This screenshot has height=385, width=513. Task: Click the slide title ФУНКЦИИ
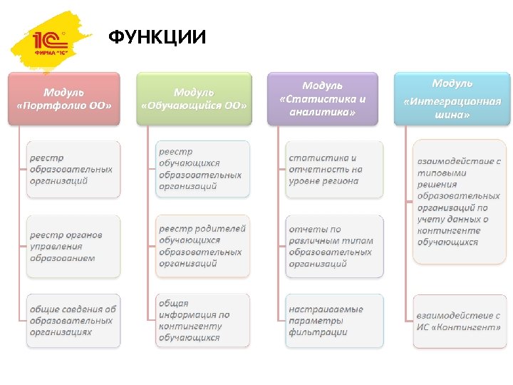[157, 36]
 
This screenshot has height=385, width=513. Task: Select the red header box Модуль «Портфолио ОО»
[64, 98]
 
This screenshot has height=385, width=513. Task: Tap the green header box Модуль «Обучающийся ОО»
[194, 98]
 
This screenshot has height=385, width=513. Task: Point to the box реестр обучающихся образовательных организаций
[203, 169]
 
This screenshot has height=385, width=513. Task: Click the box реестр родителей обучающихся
[203, 246]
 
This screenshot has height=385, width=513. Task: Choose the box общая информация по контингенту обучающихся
[203, 320]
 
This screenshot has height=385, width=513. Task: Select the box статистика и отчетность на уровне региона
[333, 169]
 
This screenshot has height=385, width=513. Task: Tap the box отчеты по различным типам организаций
[333, 246]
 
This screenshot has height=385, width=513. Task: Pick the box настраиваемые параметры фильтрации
[333, 320]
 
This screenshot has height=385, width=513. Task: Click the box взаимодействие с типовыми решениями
[459, 202]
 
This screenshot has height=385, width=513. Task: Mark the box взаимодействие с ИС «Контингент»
[459, 321]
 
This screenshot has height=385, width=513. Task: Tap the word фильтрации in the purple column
[318, 332]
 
